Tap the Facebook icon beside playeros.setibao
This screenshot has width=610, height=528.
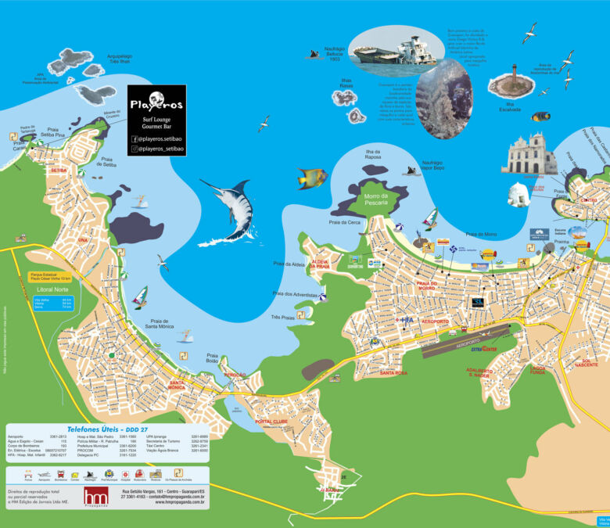tap(135, 138)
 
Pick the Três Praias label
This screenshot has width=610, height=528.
tap(282, 318)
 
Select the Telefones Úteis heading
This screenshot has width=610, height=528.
tap(108, 429)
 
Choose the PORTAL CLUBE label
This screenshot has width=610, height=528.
tap(271, 422)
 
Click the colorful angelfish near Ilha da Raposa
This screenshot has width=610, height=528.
tap(310, 178)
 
